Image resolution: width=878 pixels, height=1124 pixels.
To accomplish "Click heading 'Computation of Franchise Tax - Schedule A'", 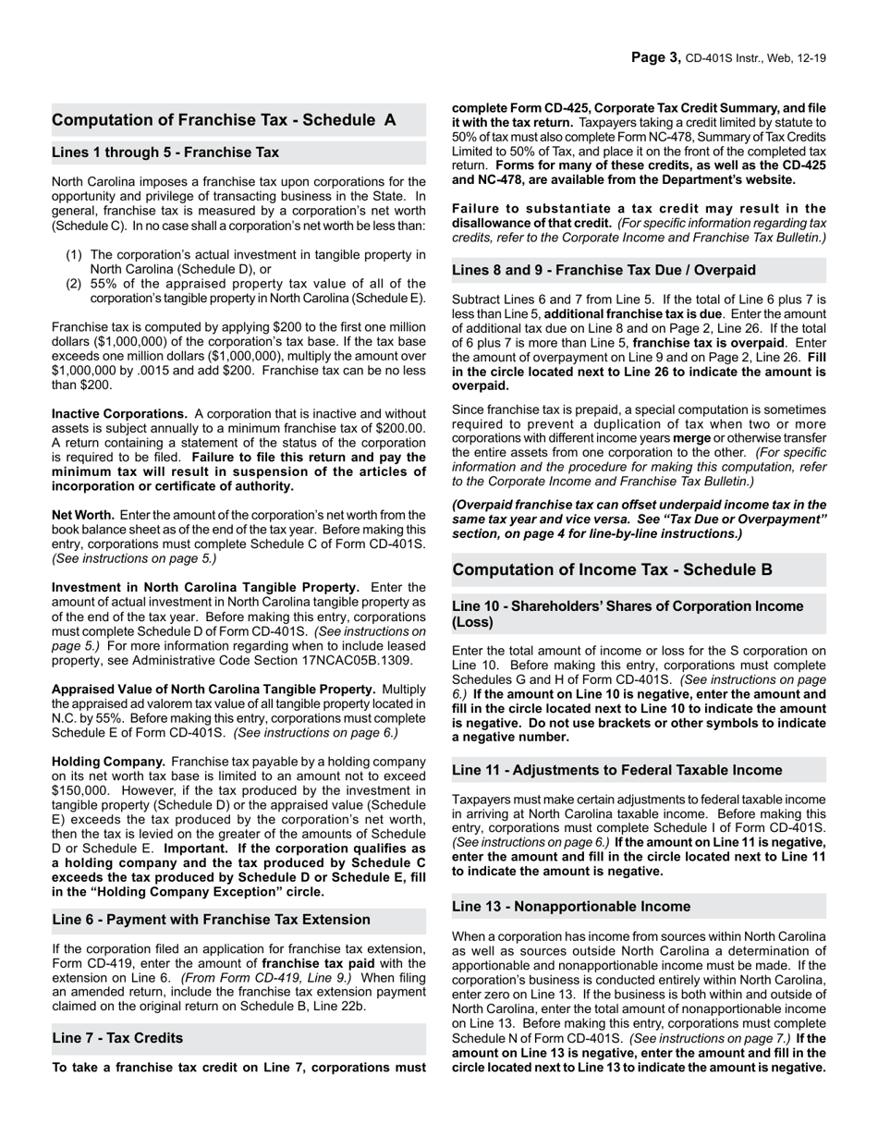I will click(224, 120).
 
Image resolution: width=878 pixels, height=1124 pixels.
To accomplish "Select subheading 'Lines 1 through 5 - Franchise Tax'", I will click(165, 153).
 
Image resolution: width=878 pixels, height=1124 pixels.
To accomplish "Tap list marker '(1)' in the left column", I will click(74, 255).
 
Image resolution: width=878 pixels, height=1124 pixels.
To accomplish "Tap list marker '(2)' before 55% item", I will click(74, 284).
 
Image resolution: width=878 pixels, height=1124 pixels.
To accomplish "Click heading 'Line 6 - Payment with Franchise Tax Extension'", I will click(211, 920).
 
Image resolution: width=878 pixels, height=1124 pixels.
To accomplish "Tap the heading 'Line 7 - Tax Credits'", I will click(117, 1038).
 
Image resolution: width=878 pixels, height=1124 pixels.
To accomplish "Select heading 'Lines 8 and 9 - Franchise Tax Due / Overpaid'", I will click(604, 271).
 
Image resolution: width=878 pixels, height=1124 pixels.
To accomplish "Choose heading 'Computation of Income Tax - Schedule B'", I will click(612, 570).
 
